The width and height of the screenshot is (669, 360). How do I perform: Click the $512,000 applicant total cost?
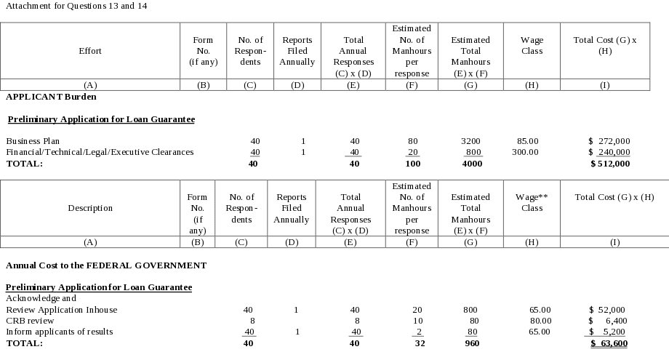point(609,164)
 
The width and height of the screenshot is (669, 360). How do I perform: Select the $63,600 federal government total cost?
point(609,343)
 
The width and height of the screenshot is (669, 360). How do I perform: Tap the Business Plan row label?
point(33,140)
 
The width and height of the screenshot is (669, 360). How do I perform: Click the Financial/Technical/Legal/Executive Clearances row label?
point(100,152)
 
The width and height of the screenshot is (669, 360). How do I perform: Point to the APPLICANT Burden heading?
point(51,97)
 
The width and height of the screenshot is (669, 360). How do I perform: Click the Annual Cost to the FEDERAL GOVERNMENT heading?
point(105,265)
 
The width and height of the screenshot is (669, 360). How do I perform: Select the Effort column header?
point(90,51)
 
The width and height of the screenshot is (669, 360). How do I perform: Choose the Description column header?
point(90,208)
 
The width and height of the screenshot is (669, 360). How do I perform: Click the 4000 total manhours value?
point(472,164)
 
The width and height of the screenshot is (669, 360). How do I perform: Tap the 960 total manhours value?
point(472,343)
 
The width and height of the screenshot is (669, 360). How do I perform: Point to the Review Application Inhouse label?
point(61,310)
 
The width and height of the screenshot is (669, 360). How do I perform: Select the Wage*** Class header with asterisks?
point(532,202)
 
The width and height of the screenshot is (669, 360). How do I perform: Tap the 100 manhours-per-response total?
point(413,164)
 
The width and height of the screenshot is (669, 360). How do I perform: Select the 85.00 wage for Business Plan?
point(527,140)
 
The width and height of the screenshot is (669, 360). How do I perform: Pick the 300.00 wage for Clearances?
point(524,152)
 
